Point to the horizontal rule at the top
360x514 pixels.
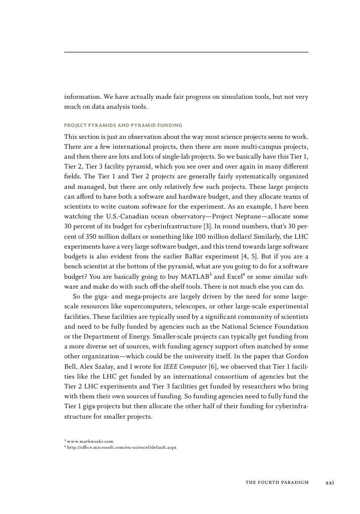click(186, 52)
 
